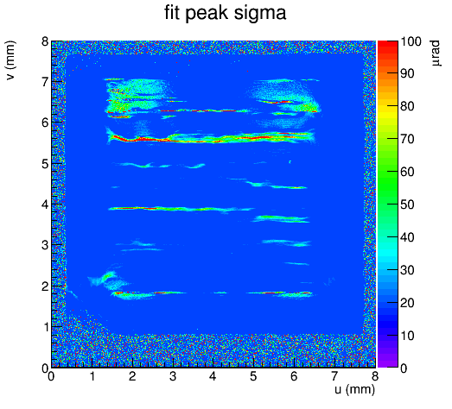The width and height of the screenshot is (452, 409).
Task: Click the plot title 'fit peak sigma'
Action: [225, 13]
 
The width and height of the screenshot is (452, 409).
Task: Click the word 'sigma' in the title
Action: [260, 14]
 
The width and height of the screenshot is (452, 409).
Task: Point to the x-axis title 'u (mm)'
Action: [355, 390]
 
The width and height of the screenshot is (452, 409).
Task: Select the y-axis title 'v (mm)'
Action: [10, 60]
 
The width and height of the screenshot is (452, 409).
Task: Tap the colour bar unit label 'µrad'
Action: [436, 53]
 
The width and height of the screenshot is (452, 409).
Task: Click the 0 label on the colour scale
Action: [404, 368]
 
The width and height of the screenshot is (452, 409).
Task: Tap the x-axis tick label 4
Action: [213, 376]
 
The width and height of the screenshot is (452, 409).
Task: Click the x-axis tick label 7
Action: [334, 376]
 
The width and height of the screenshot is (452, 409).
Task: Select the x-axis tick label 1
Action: [92, 376]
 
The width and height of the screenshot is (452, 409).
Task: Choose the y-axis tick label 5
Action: [45, 164]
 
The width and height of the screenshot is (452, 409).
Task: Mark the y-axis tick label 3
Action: [45, 246]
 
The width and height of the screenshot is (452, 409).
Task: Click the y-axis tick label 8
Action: [45, 41]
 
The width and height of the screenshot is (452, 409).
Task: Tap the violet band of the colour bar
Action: [388, 362]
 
